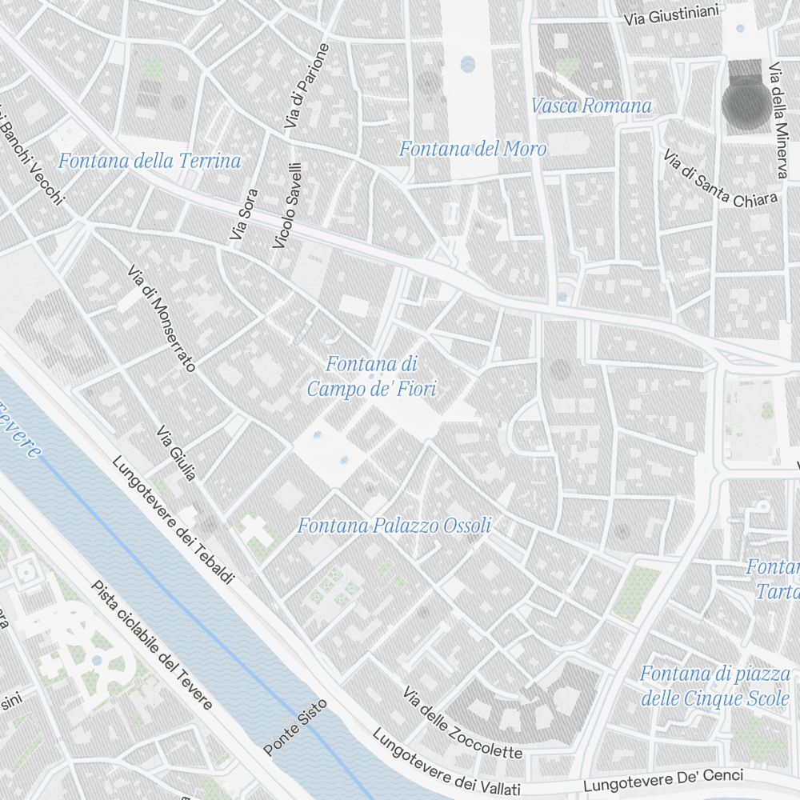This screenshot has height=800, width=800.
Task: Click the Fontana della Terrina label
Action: click(150, 161)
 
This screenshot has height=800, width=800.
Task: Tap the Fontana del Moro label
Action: click(473, 149)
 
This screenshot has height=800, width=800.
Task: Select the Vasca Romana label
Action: click(591, 106)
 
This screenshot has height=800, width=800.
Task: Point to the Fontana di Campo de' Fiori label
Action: click(373, 377)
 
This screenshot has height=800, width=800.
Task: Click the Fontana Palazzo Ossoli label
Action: click(394, 526)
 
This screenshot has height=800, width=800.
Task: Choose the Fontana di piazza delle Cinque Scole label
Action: click(714, 686)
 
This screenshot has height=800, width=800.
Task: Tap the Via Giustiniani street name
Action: click(673, 14)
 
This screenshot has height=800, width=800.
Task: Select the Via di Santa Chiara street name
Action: click(720, 178)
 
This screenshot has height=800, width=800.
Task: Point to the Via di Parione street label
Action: click(306, 86)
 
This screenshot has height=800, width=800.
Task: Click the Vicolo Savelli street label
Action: click(287, 206)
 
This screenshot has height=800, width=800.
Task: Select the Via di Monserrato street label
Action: click(161, 318)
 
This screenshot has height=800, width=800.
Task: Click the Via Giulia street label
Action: click(177, 454)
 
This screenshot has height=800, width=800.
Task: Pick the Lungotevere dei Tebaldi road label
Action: click(173, 520)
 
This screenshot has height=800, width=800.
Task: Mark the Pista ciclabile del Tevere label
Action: click(152, 645)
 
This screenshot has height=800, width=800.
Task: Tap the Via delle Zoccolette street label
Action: click(462, 723)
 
